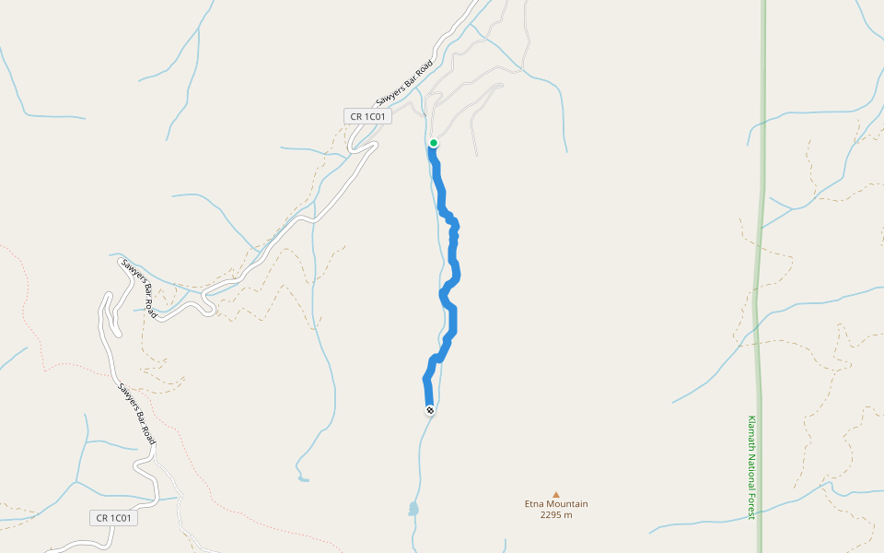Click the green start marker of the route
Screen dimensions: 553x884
click(433, 143)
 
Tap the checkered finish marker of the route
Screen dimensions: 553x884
click(430, 410)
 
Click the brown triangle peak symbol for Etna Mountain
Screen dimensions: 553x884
click(555, 495)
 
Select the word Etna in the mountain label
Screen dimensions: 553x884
click(535, 504)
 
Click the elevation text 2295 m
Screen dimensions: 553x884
click(556, 515)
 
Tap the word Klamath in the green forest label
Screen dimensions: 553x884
click(752, 432)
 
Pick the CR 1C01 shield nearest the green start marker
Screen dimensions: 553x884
click(368, 116)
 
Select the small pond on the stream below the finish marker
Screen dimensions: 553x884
click(413, 509)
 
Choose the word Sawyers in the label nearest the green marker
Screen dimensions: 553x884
click(392, 93)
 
